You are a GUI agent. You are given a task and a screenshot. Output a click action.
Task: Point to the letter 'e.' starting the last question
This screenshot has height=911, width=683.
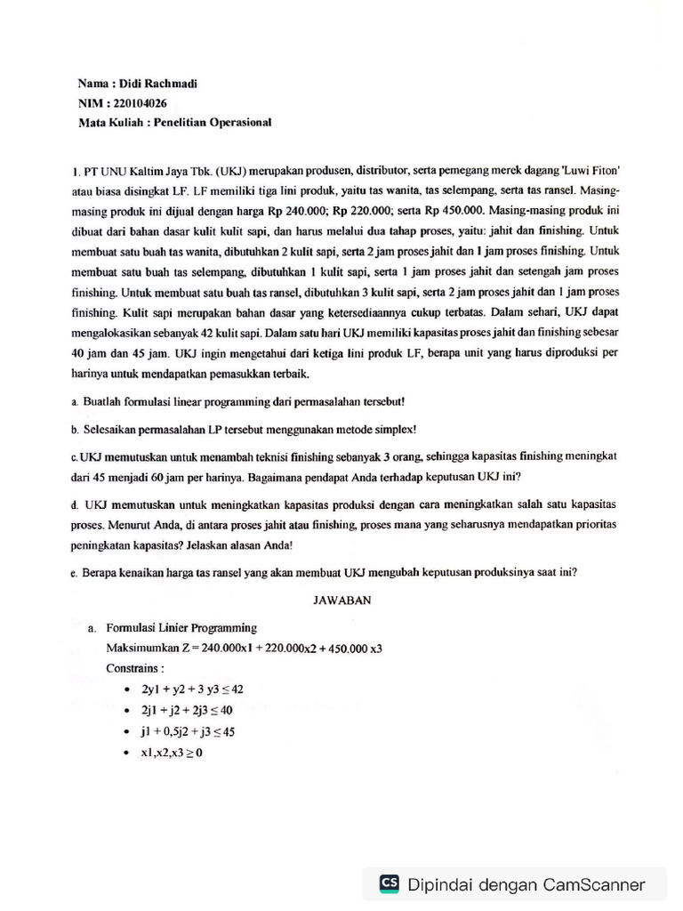coord(73,573)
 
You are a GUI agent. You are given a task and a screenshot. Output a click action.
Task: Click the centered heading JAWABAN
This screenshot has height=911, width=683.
coord(341,601)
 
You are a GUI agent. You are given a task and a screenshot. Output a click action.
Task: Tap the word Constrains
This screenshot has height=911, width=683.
coord(135,666)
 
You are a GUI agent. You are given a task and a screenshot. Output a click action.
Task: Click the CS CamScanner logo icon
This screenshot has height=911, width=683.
coord(389,883)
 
